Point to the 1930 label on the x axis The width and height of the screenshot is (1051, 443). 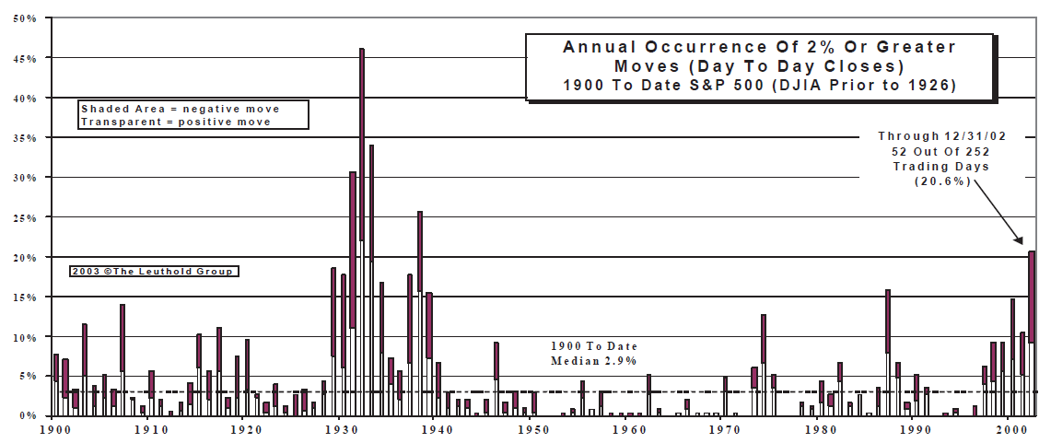340,429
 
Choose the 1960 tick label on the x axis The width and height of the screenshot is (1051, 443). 627,429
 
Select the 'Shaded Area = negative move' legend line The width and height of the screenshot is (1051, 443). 180,109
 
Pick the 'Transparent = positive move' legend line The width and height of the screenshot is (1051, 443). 176,122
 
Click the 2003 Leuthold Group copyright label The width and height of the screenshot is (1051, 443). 153,272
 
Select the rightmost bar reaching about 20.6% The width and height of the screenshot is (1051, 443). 1032,332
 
